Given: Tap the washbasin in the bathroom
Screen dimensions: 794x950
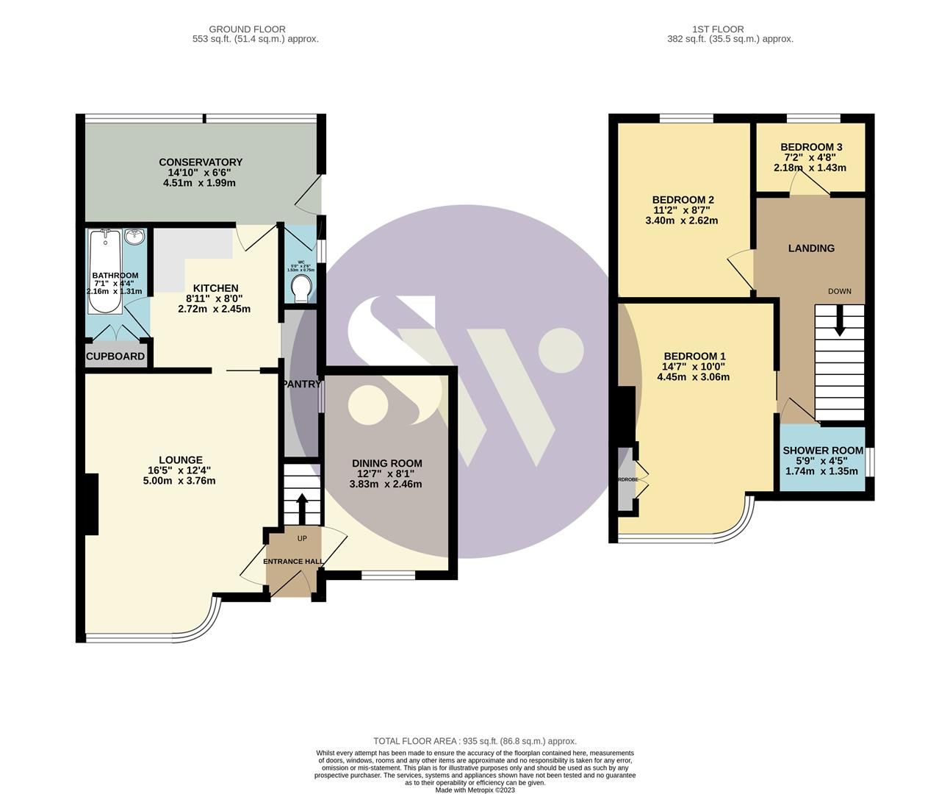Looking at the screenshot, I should click(134, 237).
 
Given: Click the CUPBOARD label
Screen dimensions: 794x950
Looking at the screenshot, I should click(115, 357).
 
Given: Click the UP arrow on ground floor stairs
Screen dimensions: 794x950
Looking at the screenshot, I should click(302, 506).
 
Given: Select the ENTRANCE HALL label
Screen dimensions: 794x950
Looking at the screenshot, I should click(294, 562).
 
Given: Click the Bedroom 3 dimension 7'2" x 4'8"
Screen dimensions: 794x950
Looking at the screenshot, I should click(811, 157).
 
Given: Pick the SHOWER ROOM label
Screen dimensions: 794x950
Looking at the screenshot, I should click(823, 451).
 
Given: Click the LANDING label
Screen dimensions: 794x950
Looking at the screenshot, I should click(811, 248).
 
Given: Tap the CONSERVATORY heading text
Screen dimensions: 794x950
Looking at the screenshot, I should click(201, 162).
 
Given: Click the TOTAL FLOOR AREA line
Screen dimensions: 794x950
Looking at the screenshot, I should click(475, 741).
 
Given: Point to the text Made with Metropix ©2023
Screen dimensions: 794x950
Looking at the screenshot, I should click(475, 790).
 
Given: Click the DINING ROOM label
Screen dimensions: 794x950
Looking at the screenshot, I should click(386, 463).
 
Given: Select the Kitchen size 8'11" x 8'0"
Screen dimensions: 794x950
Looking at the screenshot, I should click(215, 298).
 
